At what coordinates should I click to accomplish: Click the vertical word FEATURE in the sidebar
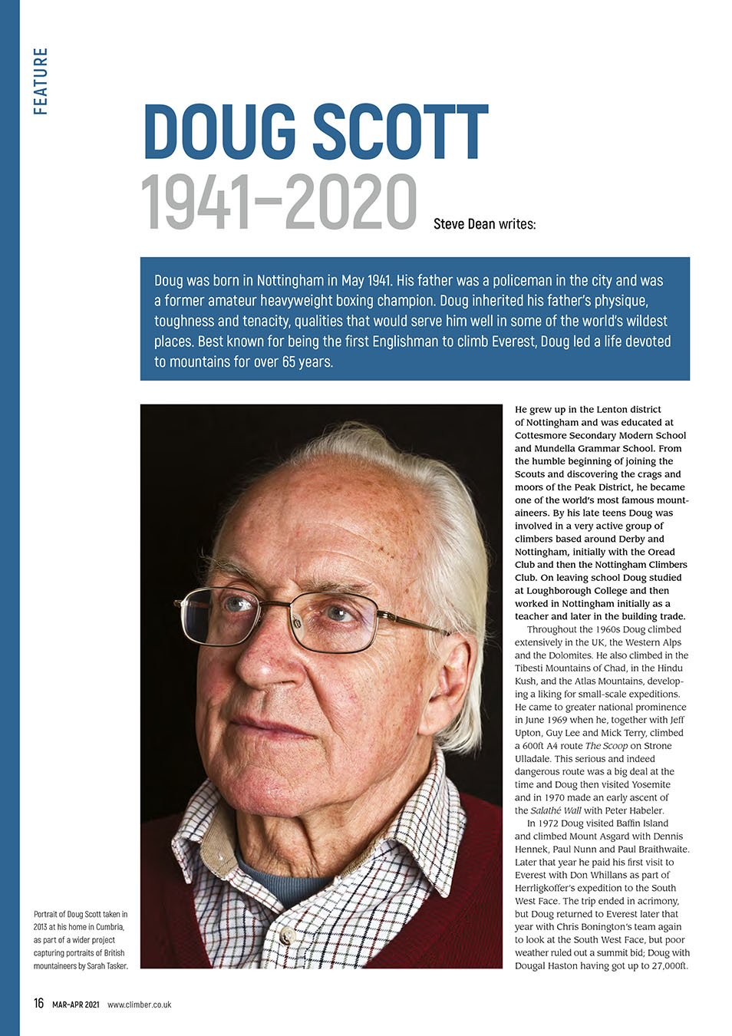coord(41,81)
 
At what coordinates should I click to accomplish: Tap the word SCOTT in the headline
coord(400,132)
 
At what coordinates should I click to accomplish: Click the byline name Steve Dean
coord(463,224)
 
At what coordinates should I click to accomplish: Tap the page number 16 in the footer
coord(38,1004)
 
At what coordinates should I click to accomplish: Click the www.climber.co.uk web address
coord(140,1005)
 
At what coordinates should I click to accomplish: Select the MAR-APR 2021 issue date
coord(76,1005)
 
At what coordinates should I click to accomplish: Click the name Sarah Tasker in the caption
coord(107,966)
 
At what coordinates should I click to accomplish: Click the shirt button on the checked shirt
coord(287,937)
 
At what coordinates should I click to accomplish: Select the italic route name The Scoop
coord(606,746)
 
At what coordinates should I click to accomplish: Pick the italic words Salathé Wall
coord(556,810)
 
